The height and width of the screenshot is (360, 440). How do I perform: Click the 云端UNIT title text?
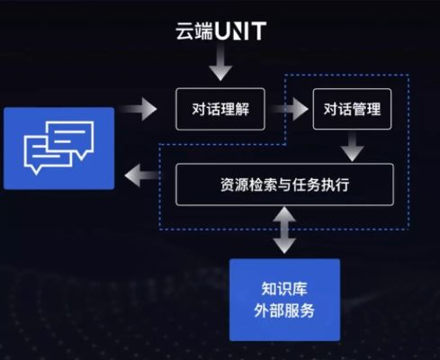(x=220, y=32)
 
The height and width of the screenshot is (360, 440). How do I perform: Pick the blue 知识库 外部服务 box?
(x=284, y=300)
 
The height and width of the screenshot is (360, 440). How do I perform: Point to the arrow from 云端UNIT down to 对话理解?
(x=220, y=65)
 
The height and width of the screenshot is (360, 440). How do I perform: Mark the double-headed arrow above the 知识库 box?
(x=284, y=229)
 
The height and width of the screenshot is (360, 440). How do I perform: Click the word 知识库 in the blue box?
(x=284, y=289)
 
